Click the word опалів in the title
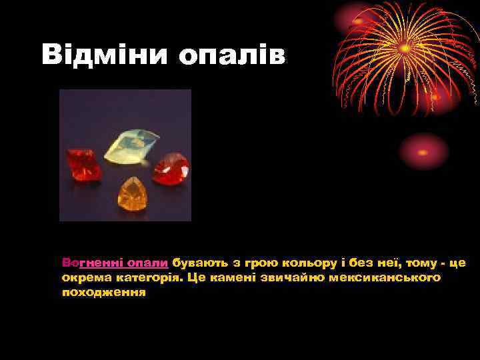[x=232, y=55]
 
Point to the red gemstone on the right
[x=171, y=168]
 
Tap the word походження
[x=103, y=292]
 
